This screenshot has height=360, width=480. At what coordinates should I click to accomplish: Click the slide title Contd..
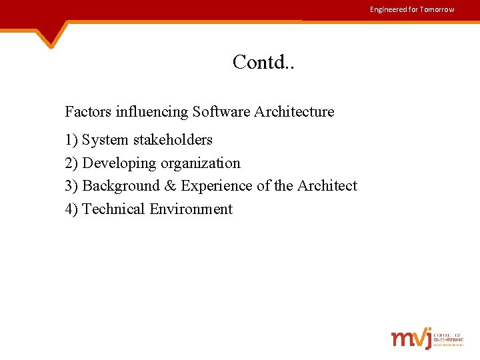click(x=264, y=62)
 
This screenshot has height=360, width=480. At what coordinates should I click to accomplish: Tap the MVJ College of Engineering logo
click(x=427, y=338)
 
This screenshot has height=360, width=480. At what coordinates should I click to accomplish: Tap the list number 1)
click(x=71, y=140)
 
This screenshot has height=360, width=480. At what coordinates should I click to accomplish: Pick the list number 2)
click(x=71, y=163)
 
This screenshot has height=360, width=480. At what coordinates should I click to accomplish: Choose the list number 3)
click(x=71, y=186)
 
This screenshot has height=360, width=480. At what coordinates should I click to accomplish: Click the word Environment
click(x=191, y=209)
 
